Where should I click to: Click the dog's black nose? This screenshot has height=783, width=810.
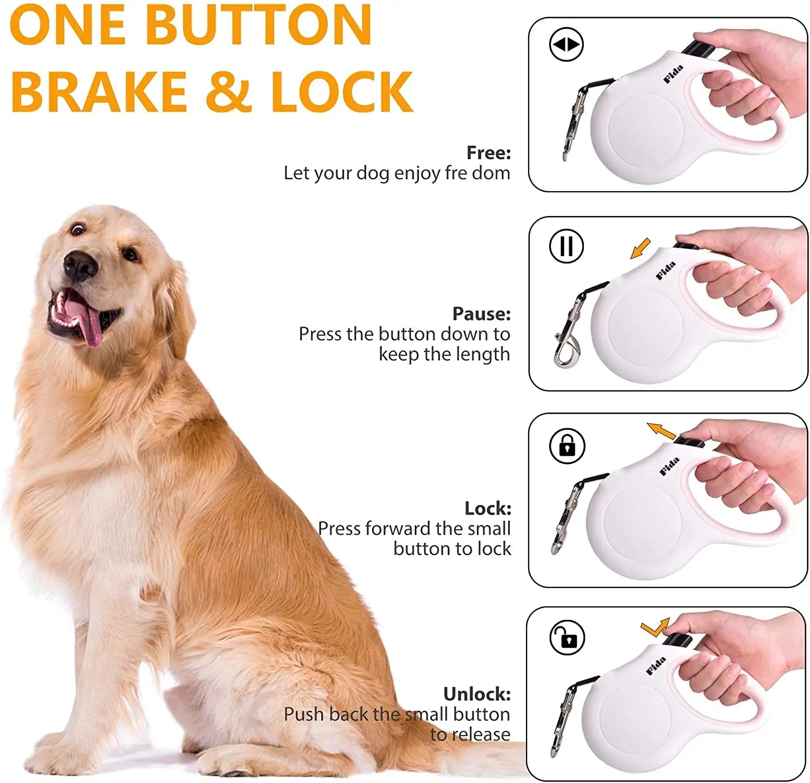[x=80, y=266]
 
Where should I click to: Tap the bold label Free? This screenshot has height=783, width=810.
[x=489, y=153]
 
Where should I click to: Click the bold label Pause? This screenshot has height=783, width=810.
[x=481, y=314]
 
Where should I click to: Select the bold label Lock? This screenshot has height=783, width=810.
[x=488, y=508]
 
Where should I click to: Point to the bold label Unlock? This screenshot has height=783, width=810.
[x=477, y=694]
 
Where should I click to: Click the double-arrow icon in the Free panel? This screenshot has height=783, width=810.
[x=566, y=44]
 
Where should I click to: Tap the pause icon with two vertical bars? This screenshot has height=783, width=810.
[x=566, y=246]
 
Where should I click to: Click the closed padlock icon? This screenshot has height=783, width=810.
[x=567, y=446]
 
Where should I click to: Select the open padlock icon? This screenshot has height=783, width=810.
[x=567, y=638]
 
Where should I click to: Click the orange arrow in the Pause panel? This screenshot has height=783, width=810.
[x=641, y=249]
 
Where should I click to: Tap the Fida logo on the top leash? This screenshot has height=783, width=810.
[x=673, y=74]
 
